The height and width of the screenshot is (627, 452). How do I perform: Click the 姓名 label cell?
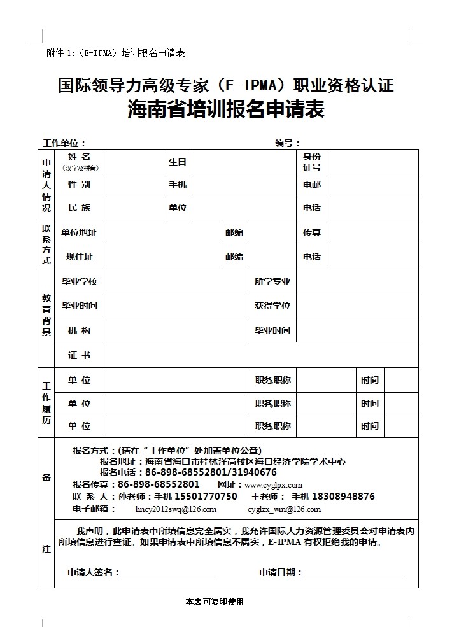pos(80,161)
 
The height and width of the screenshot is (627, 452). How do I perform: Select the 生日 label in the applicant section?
pos(177,162)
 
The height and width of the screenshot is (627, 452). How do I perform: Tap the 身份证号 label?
pos(312,162)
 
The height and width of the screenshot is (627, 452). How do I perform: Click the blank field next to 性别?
pos(134,185)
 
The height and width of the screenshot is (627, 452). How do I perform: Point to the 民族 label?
pos(80,208)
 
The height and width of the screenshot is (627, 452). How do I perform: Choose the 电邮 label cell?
pos(312,185)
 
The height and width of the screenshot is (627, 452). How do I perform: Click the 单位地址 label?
pos(79,232)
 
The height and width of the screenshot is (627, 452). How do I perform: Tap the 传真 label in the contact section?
pos(312,232)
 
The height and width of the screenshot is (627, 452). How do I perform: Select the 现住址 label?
pos(80,257)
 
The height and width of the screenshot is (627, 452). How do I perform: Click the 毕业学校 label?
pos(80,281)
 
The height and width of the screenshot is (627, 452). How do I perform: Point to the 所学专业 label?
pos(272,281)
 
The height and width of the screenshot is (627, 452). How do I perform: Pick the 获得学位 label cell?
pos(272,306)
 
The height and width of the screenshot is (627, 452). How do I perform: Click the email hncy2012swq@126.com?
pos(176,509)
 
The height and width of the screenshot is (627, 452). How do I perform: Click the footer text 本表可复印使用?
pos(215,602)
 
